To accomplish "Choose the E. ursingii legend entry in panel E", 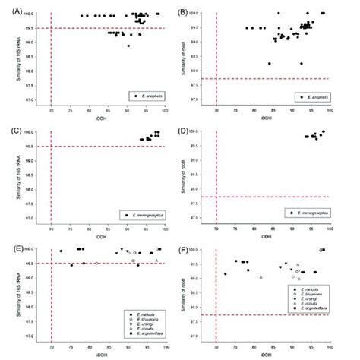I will [x=144, y=322].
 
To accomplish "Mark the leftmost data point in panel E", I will [x=62, y=251].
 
